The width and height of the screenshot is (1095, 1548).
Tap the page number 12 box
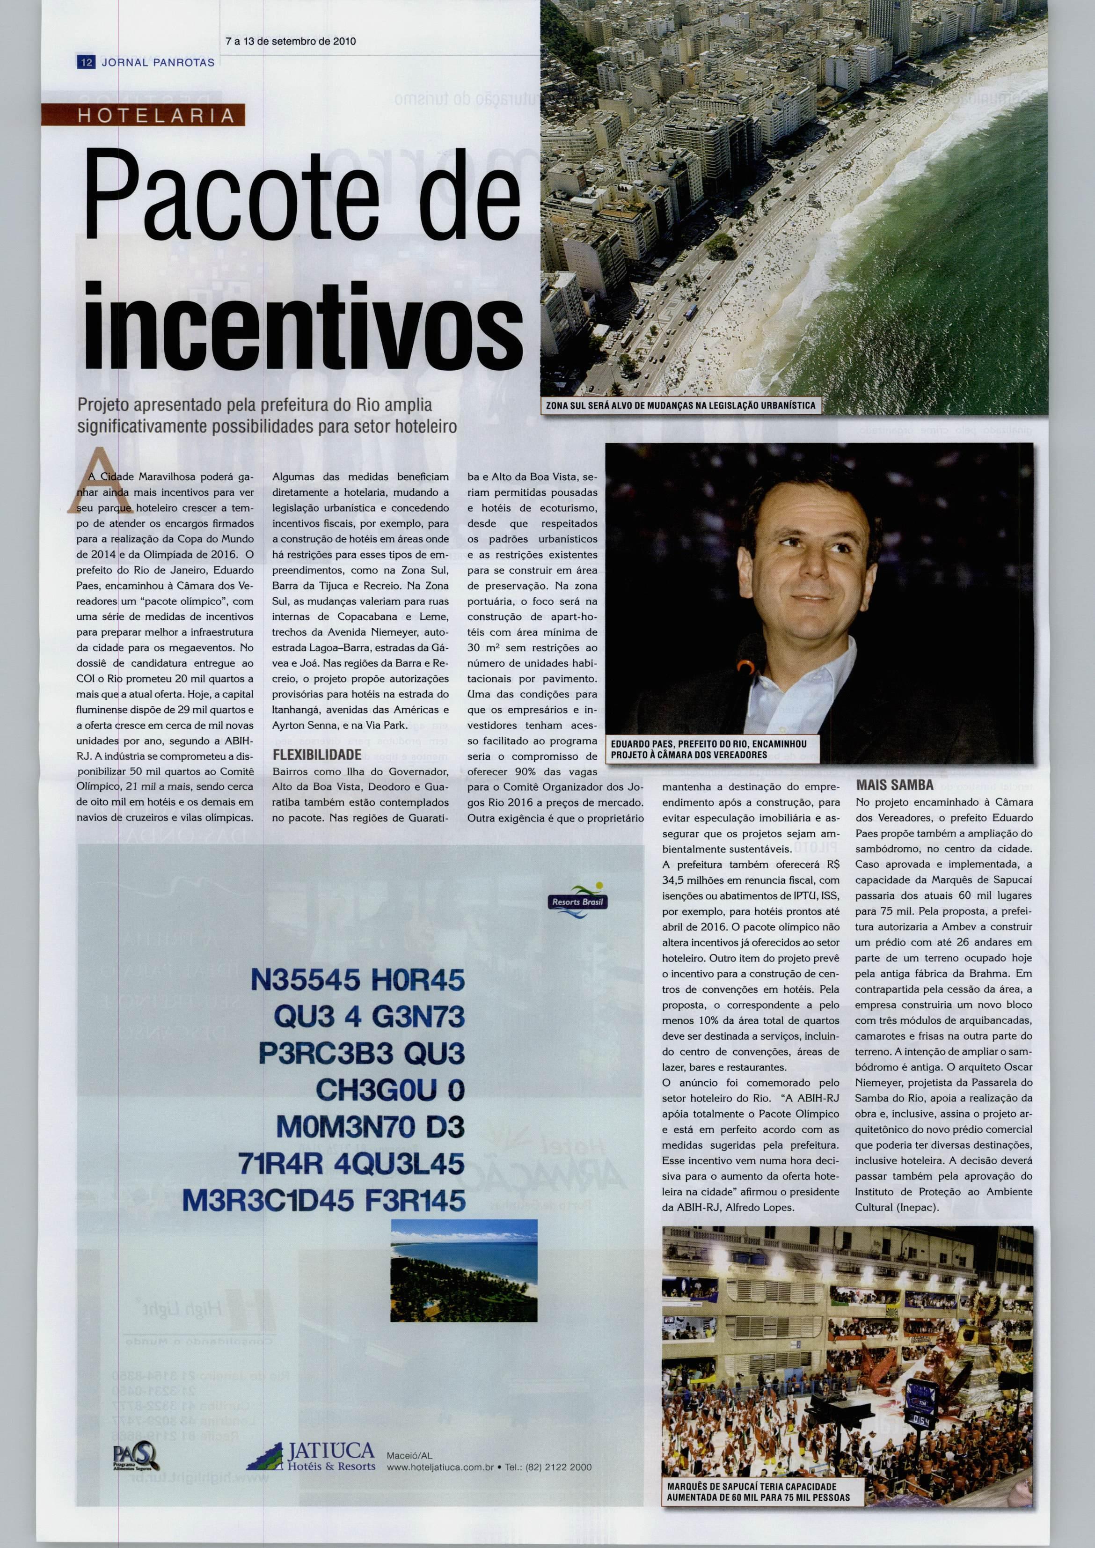(x=86, y=63)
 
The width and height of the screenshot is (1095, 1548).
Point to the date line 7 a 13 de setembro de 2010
(x=291, y=41)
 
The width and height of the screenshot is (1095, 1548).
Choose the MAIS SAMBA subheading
(x=895, y=785)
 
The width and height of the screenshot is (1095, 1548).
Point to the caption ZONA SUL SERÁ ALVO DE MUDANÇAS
(x=682, y=405)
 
